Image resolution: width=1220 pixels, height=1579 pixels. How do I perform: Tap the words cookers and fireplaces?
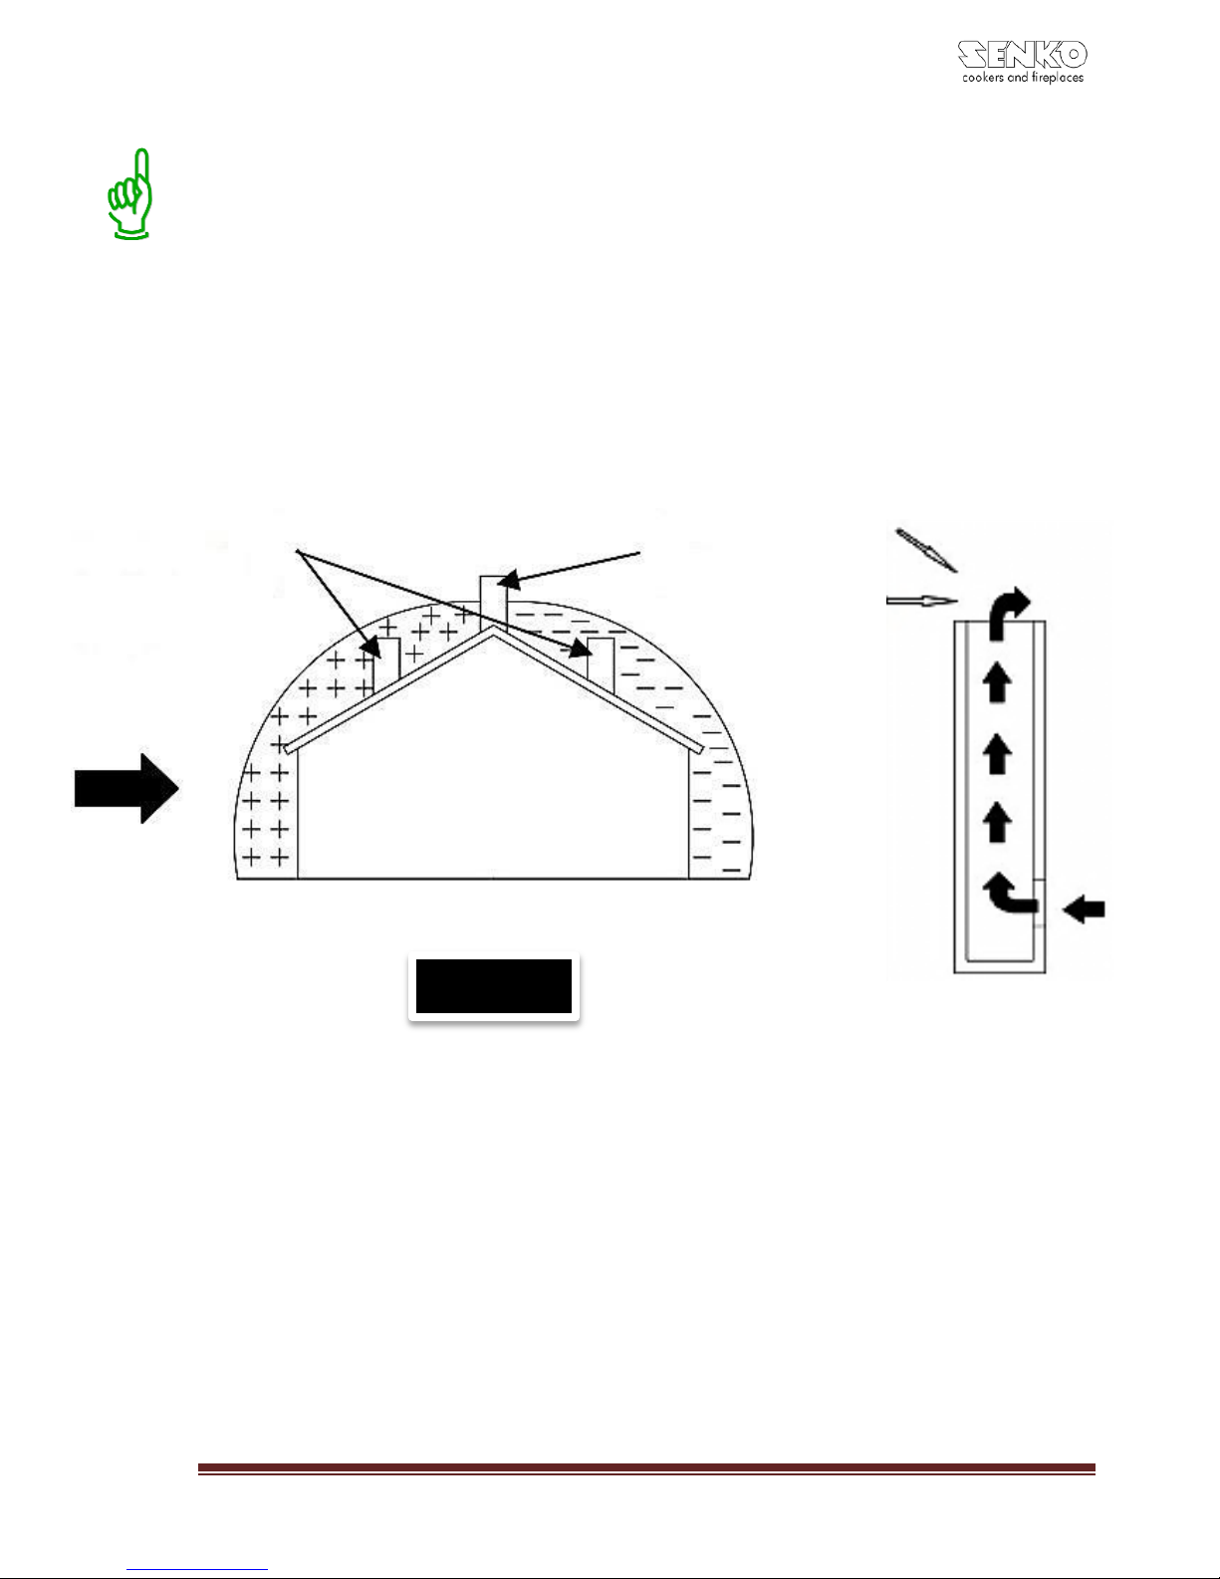click(1023, 77)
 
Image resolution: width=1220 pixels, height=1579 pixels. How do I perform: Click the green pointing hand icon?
click(130, 194)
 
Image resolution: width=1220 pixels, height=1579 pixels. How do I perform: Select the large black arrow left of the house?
click(126, 788)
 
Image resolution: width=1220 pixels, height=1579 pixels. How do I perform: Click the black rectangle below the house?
click(494, 986)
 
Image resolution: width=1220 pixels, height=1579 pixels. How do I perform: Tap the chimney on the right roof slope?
click(601, 664)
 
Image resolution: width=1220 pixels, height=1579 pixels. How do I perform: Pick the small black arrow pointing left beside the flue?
click(1084, 909)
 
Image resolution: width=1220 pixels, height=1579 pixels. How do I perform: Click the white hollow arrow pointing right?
click(922, 601)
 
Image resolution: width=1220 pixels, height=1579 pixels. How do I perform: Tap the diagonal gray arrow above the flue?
click(926, 550)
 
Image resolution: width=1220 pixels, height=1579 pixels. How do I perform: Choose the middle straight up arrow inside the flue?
click(997, 753)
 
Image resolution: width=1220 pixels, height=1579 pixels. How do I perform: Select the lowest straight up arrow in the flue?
click(997, 822)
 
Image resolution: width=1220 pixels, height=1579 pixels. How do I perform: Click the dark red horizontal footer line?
click(646, 1468)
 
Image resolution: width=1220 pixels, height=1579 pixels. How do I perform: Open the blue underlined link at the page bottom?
click(197, 1569)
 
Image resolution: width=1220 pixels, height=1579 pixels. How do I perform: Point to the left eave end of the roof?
click(288, 748)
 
